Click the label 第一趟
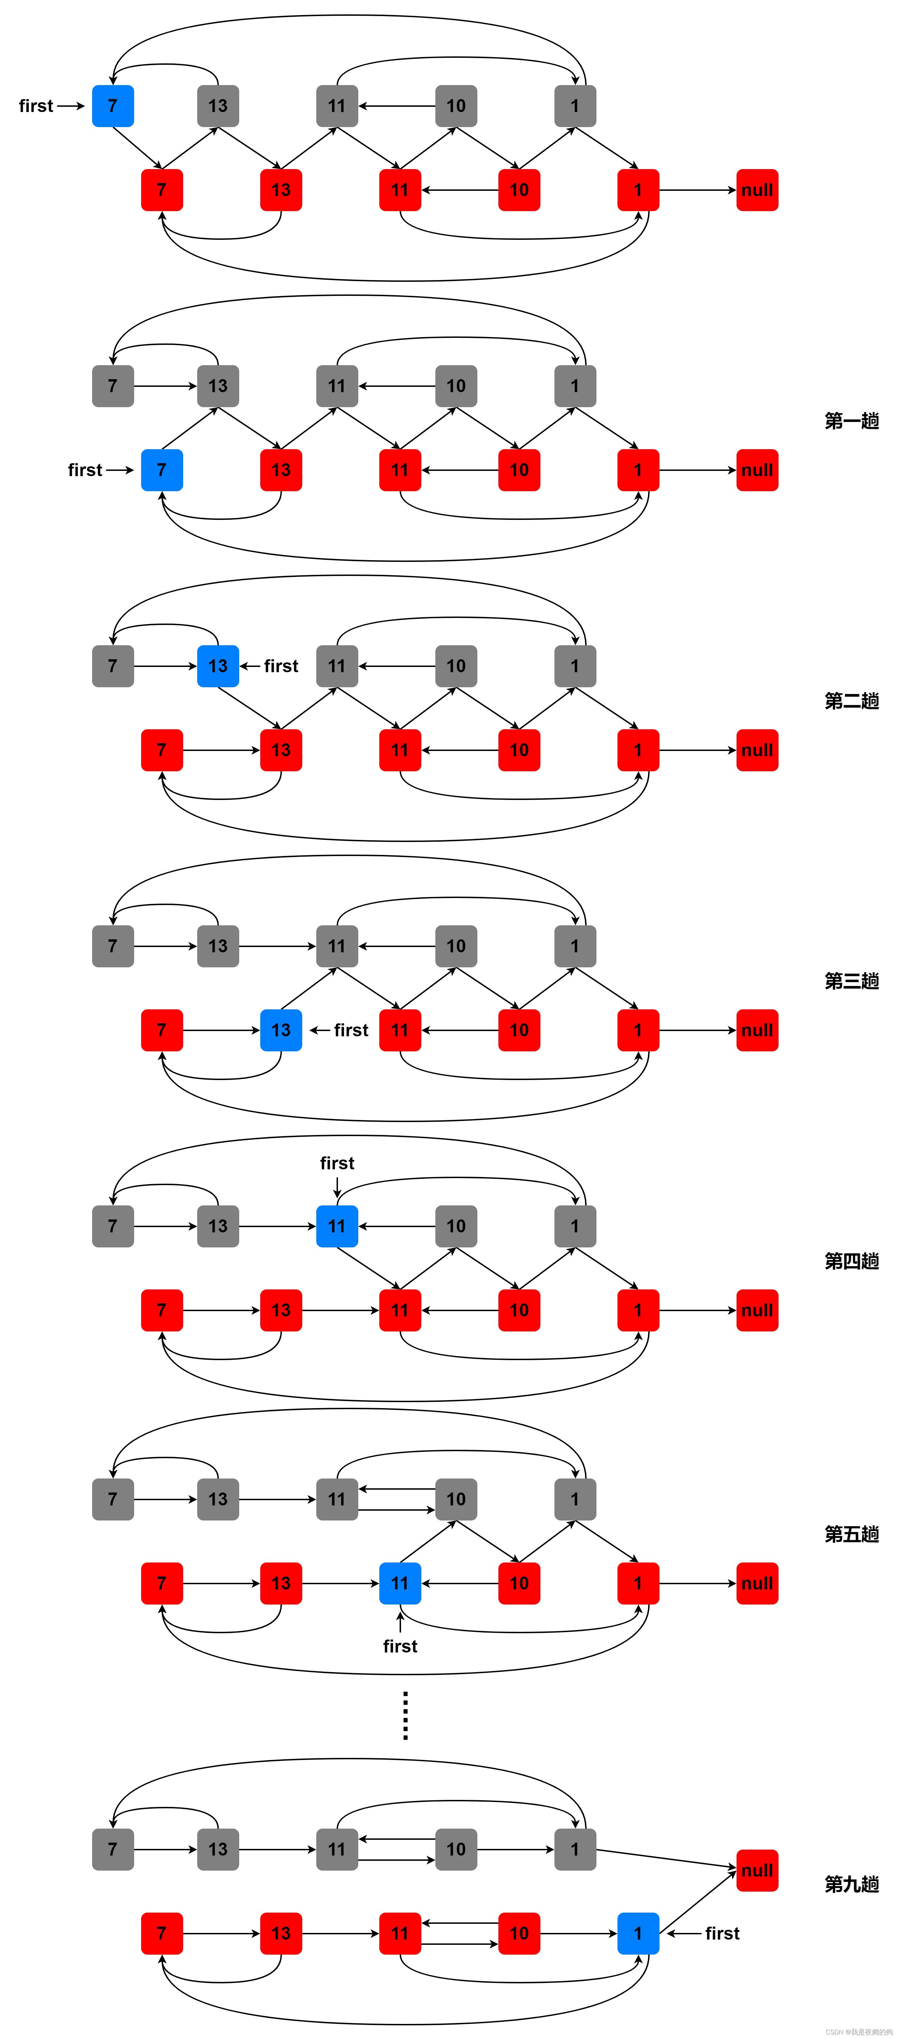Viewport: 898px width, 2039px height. pyautogui.click(x=851, y=421)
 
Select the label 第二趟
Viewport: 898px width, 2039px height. pyautogui.click(x=851, y=701)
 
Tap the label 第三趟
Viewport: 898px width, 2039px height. pyautogui.click(x=851, y=981)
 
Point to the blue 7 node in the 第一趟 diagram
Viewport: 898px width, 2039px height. pyautogui.click(x=161, y=470)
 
